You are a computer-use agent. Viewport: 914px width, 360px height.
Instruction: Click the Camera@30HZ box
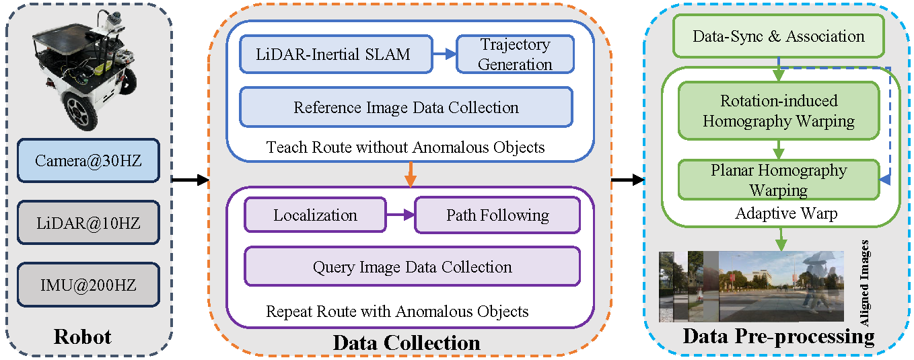tap(89, 160)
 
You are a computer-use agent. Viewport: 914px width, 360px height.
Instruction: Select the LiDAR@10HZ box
tap(89, 222)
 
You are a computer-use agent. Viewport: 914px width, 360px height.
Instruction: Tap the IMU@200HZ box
tap(89, 285)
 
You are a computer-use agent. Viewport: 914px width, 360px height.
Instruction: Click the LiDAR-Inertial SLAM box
tap(333, 55)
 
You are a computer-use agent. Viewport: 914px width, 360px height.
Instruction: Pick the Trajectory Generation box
tap(515, 55)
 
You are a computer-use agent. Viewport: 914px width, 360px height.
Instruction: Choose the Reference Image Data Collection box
tap(406, 108)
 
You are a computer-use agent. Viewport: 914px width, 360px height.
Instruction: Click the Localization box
tap(315, 215)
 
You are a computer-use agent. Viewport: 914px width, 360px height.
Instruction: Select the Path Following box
tap(497, 215)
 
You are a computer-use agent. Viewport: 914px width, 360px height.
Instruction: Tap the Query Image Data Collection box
tap(412, 266)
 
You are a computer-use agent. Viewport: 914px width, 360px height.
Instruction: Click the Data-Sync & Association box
tap(778, 36)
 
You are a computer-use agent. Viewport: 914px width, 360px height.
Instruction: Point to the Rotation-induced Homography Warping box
tap(778, 111)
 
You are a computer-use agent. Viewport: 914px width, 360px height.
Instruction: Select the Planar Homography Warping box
tap(778, 180)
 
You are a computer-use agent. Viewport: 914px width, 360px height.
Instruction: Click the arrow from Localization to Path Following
tap(400, 215)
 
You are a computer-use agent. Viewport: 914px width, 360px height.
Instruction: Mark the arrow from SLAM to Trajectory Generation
tap(442, 55)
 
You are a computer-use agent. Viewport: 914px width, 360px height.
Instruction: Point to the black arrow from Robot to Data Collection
tap(190, 180)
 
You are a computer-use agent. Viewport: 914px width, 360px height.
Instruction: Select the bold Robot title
tap(82, 336)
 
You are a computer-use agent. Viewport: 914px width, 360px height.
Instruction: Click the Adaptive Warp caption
tap(778, 214)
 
